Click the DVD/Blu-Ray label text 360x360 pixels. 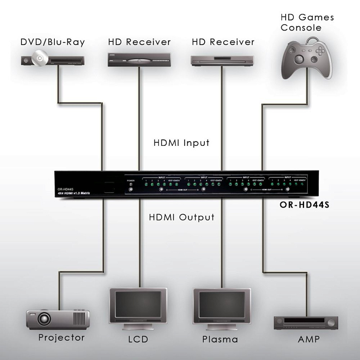click(x=53, y=42)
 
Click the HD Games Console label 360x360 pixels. click(x=307, y=22)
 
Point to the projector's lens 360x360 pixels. click(x=44, y=319)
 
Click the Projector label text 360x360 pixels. click(x=61, y=337)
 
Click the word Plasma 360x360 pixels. click(x=220, y=339)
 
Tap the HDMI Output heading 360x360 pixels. click(x=182, y=217)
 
